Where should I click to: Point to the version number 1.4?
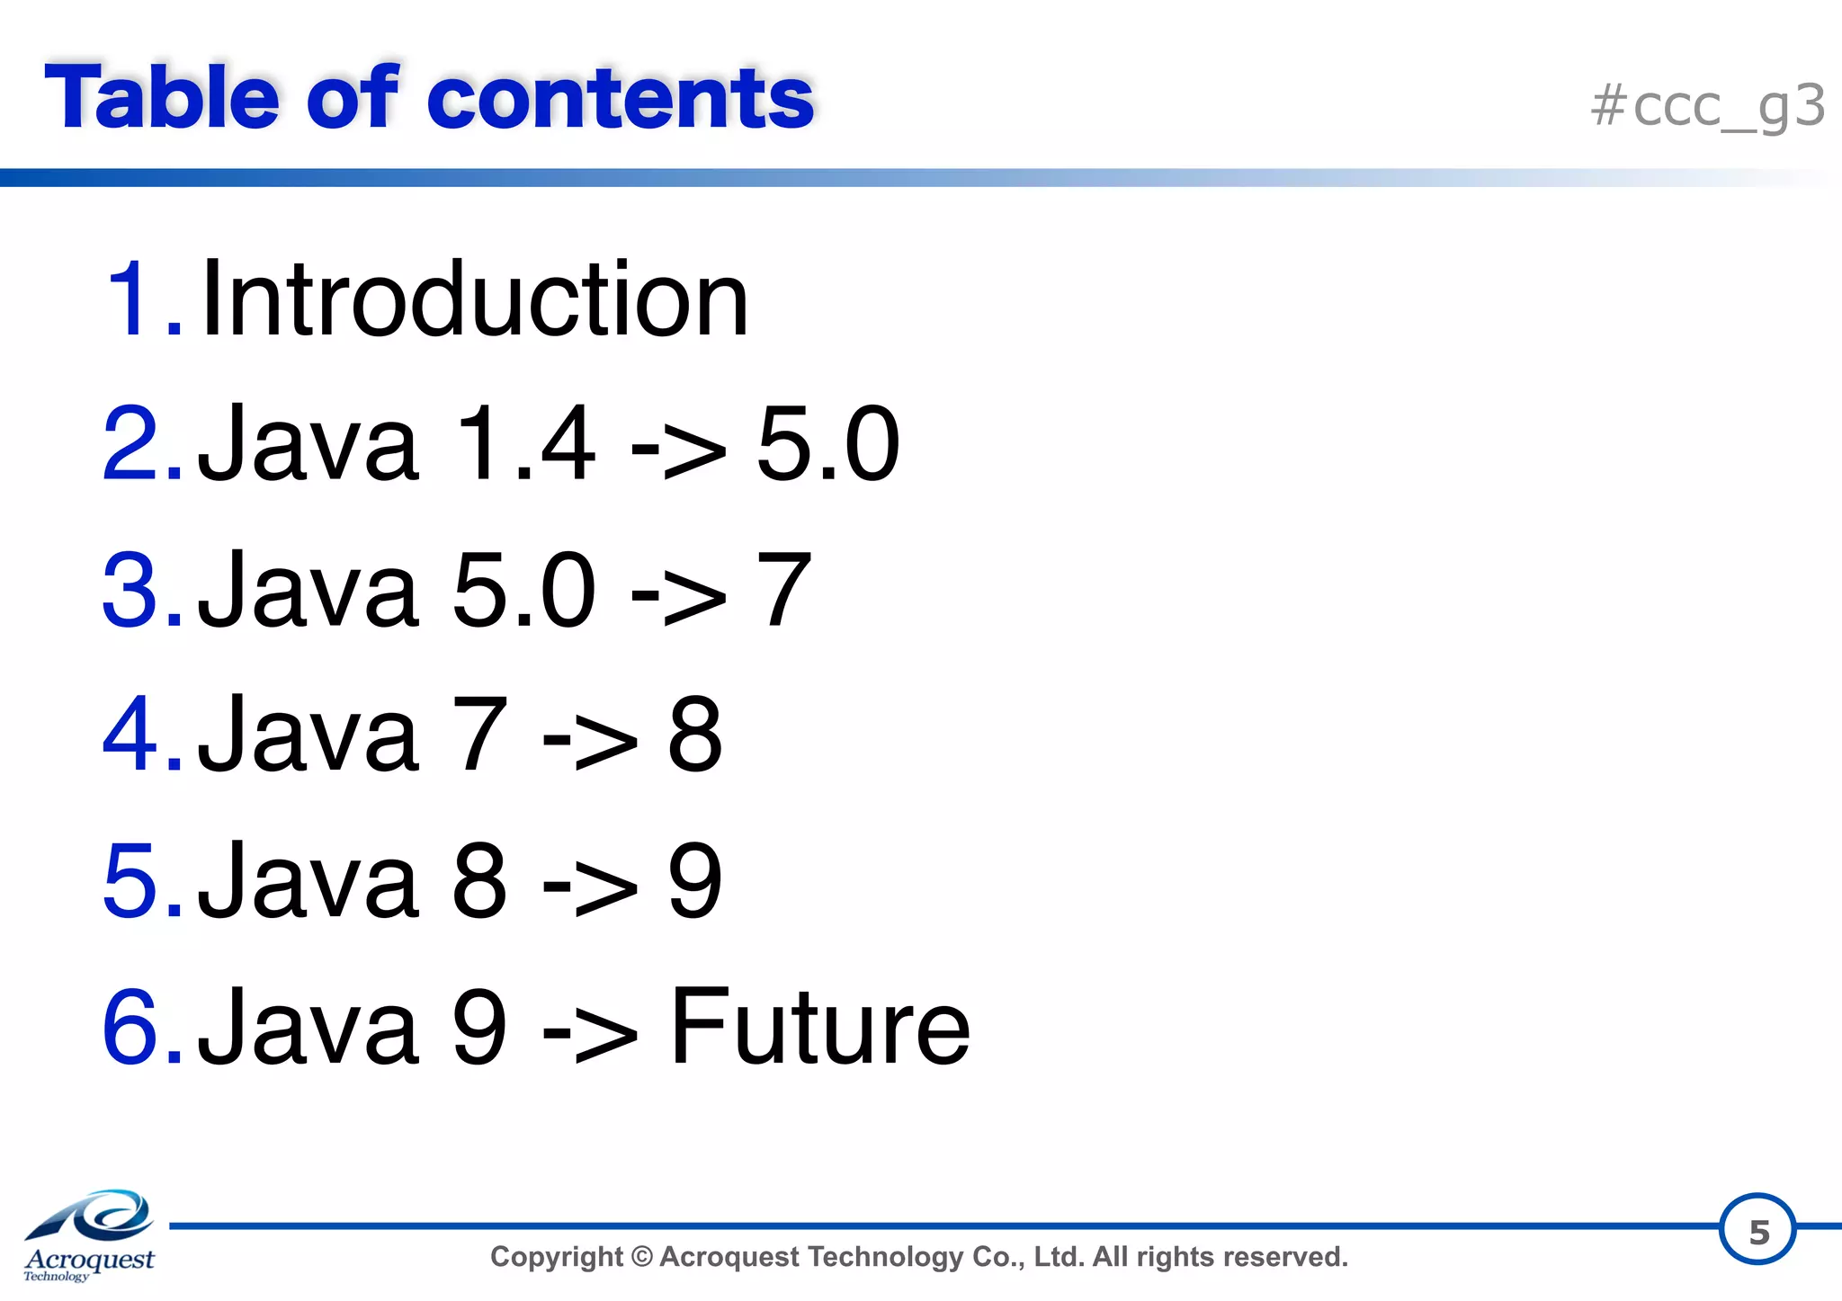(524, 444)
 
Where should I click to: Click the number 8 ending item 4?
(694, 735)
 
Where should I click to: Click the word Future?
(819, 1027)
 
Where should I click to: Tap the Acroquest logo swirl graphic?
(99, 1216)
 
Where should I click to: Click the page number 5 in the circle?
(1758, 1231)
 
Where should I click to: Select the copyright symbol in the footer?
(641, 1257)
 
